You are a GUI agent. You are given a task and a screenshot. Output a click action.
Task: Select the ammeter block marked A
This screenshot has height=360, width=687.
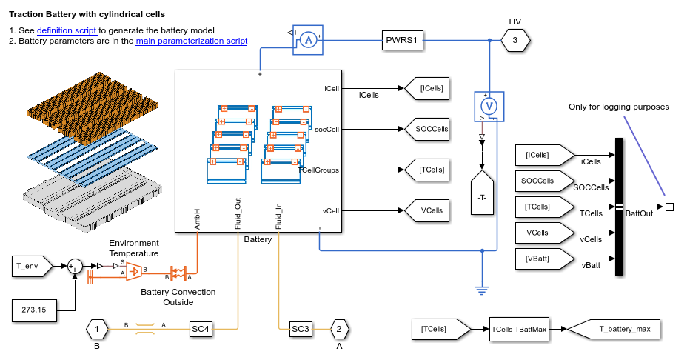point(311,41)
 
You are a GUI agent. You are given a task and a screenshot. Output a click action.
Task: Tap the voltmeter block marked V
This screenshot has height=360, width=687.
point(489,106)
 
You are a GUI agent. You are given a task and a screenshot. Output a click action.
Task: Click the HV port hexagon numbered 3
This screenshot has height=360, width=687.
point(515,41)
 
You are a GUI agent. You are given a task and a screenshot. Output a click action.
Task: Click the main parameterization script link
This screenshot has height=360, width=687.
point(192,41)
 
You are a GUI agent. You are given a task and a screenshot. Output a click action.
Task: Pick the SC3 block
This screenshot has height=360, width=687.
point(301,328)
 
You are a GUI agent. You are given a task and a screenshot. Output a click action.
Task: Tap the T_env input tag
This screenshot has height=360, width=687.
point(32,264)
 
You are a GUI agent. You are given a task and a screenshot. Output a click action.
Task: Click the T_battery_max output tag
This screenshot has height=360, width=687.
point(622,329)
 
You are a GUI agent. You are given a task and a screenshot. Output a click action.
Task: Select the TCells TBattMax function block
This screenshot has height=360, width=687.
point(518,329)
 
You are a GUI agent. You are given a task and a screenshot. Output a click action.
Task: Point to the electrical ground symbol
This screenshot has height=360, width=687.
point(482,290)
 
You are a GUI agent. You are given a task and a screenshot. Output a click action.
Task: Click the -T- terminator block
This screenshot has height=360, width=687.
point(482,197)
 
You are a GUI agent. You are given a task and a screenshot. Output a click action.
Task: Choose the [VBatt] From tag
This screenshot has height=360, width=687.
point(543,259)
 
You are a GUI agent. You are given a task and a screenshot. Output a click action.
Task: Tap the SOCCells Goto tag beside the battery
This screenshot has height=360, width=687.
point(429,130)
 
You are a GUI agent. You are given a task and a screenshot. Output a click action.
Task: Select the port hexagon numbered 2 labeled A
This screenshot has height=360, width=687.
point(338,328)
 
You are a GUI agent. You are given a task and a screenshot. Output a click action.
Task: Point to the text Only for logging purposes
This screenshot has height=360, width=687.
point(618,107)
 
